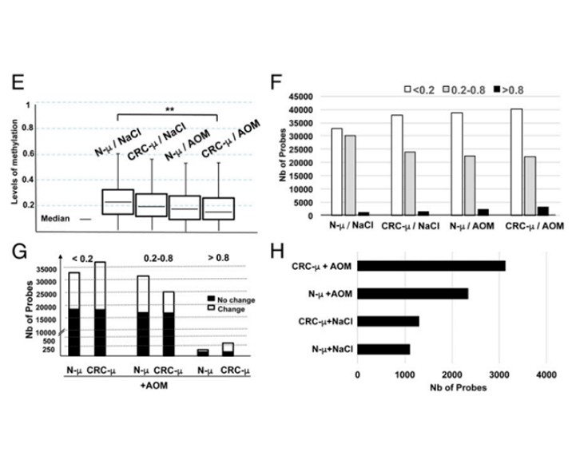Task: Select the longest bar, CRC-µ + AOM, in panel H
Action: (x=431, y=266)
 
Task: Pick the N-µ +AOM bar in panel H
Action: (x=413, y=294)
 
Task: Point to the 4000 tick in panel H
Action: (x=546, y=372)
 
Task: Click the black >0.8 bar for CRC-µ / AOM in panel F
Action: (x=543, y=211)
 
